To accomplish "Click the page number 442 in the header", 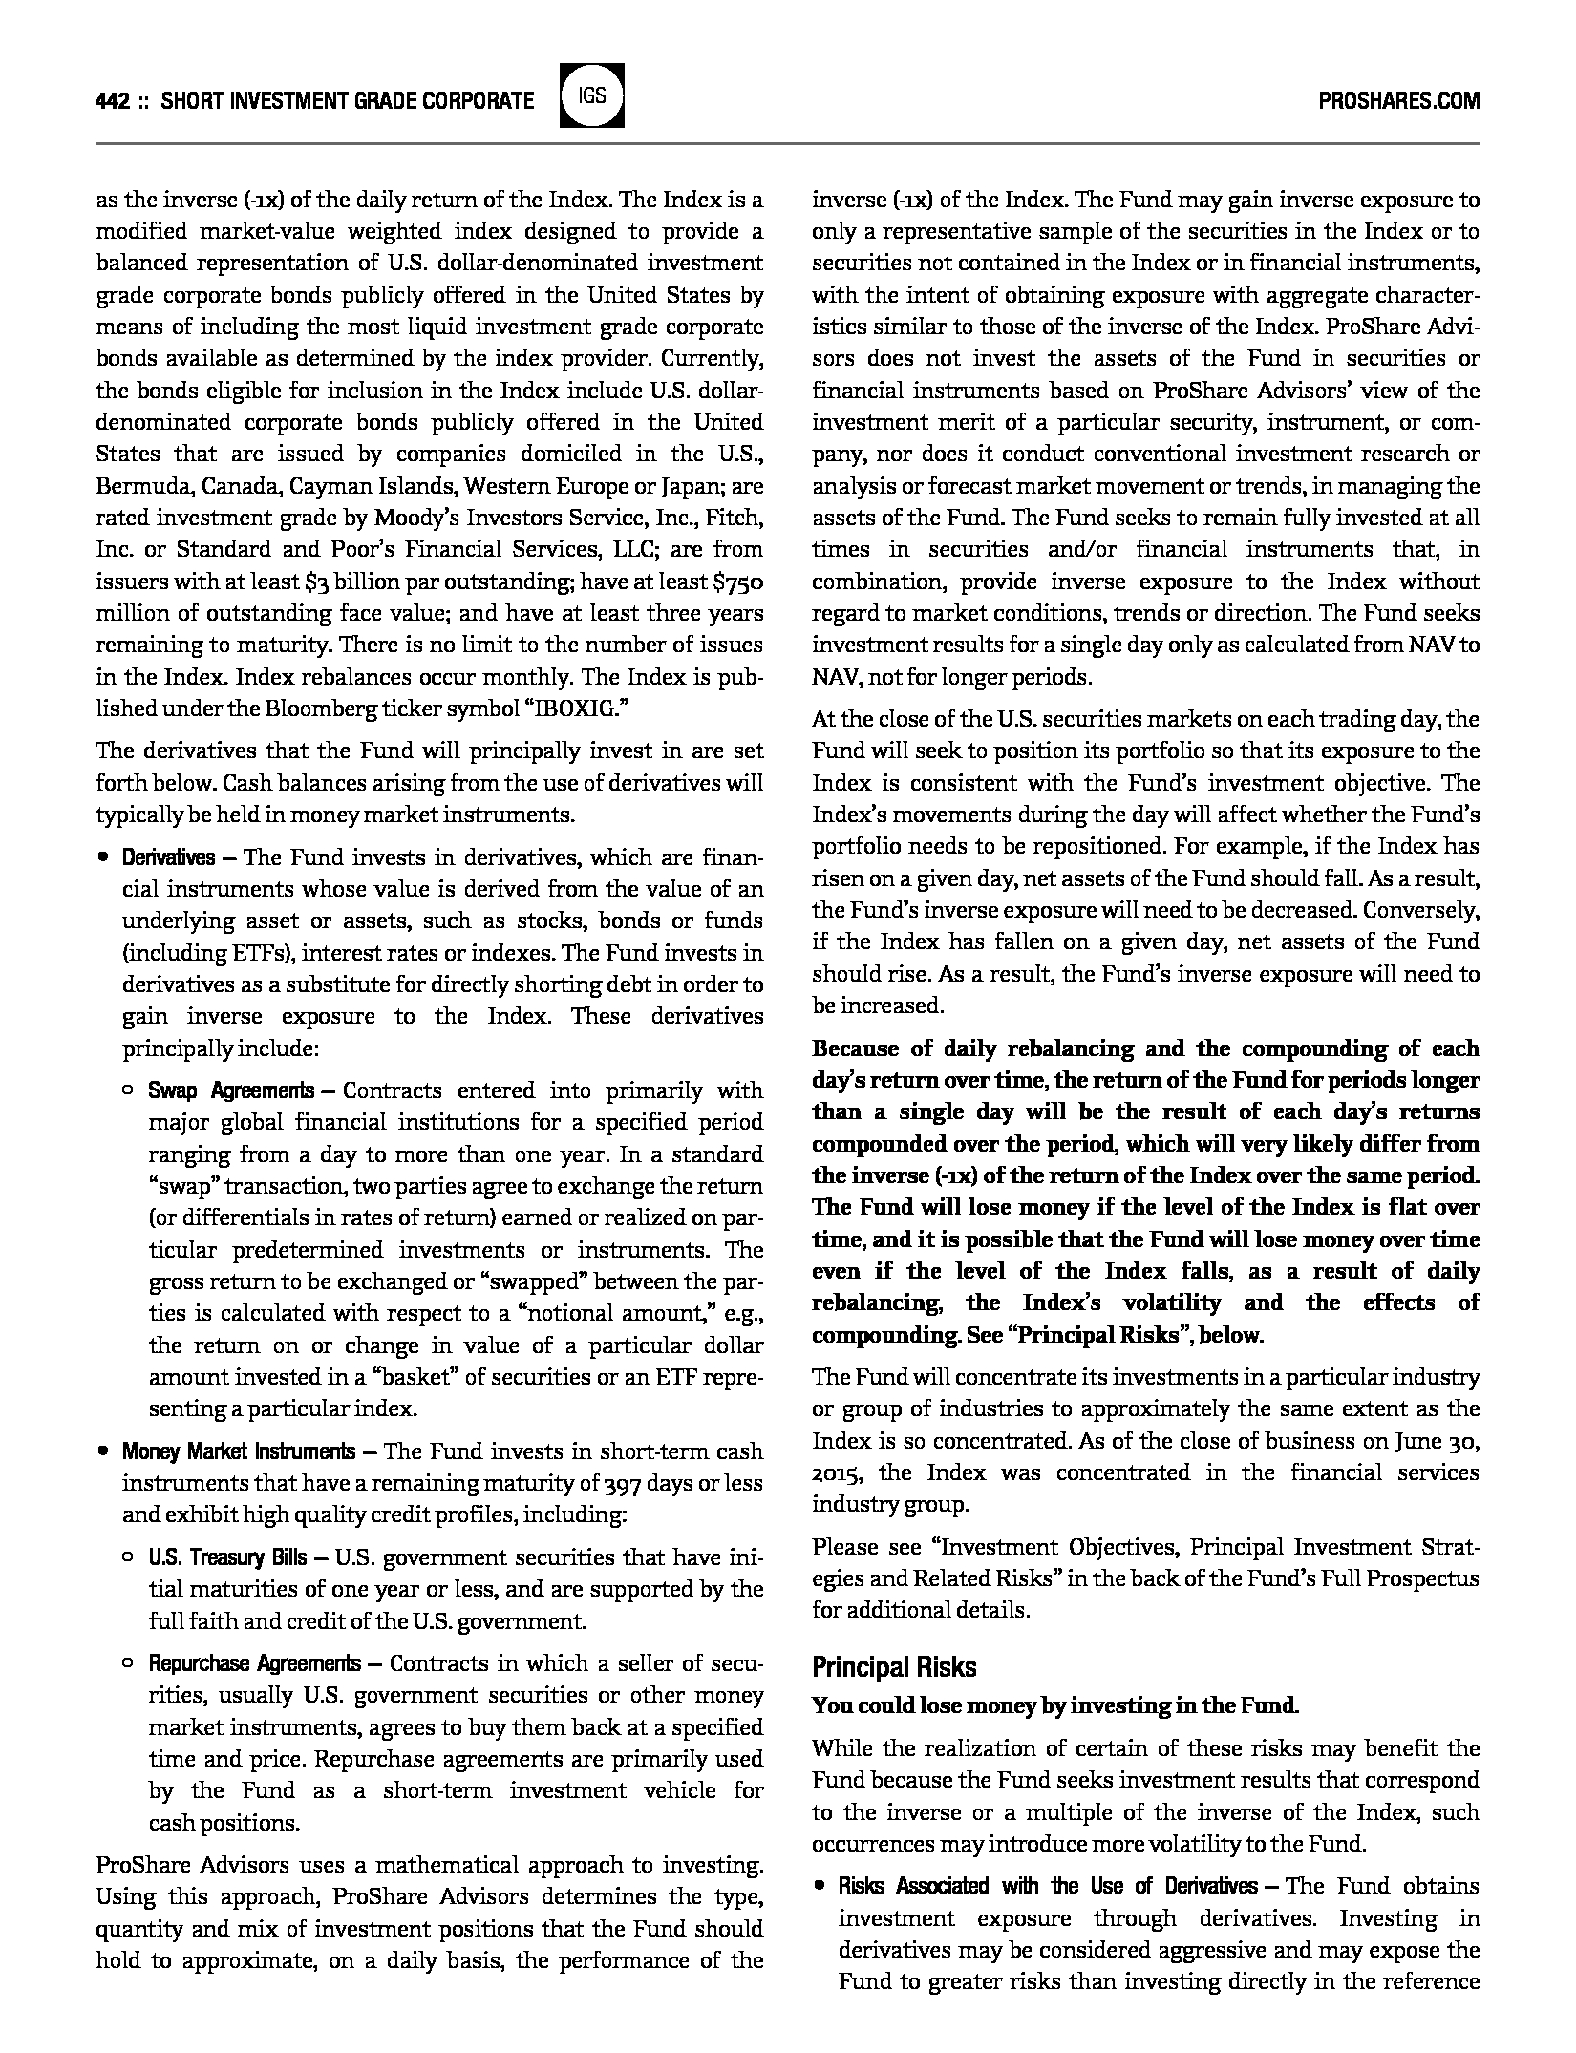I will pyautogui.click(x=113, y=100).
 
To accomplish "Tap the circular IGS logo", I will pyautogui.click(x=591, y=95).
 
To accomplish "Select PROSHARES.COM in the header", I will pyautogui.click(x=1398, y=100).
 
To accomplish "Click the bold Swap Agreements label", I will pyautogui.click(x=230, y=1090).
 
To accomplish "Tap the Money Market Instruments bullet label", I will pyautogui.click(x=238, y=1451).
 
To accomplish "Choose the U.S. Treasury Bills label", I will pyautogui.click(x=227, y=1557).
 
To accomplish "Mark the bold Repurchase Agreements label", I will pyautogui.click(x=254, y=1663).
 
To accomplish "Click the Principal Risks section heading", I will pyautogui.click(x=894, y=1667).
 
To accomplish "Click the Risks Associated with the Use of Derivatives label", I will pyautogui.click(x=1048, y=1886).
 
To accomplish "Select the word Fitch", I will pyautogui.click(x=737, y=518).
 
